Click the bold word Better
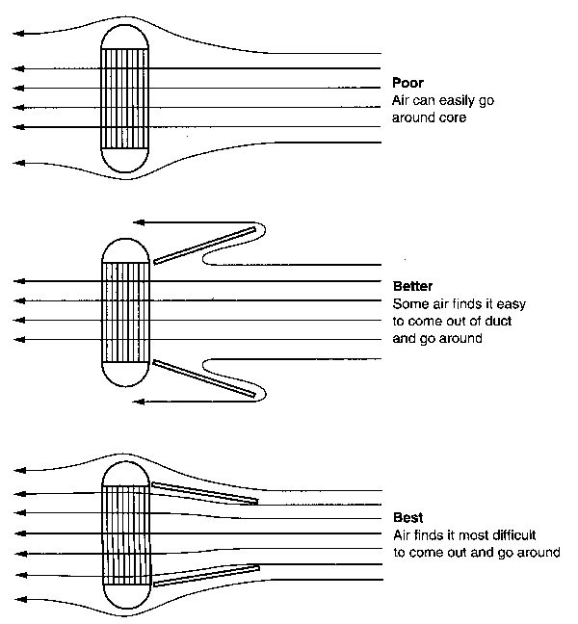click(412, 286)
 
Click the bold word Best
click(408, 517)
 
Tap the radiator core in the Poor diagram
click(126, 98)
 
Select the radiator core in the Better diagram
click(126, 311)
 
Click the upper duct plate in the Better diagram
click(206, 245)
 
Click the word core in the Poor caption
click(452, 118)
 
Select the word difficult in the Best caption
click(505, 535)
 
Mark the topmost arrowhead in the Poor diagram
click(17, 33)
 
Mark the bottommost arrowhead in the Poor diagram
click(17, 164)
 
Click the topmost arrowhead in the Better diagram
click(139, 221)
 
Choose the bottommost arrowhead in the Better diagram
click(139, 401)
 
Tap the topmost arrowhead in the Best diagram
click(17, 472)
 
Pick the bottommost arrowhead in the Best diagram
click(17, 599)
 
